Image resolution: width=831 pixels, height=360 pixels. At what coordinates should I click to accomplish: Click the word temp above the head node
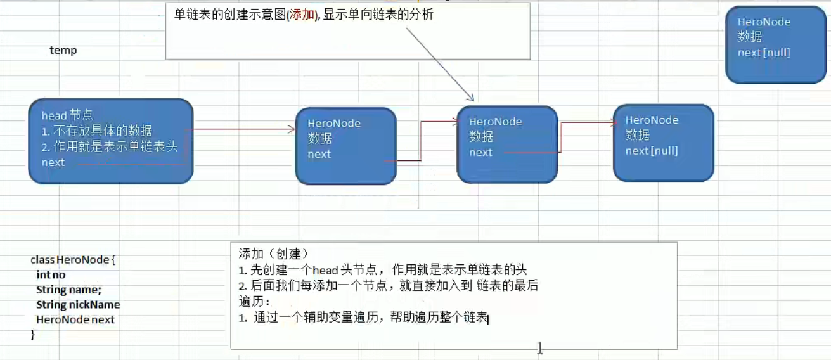63,50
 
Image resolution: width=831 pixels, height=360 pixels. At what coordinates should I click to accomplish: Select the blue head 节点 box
110,141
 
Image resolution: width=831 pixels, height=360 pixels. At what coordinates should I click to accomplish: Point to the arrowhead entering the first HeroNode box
292,129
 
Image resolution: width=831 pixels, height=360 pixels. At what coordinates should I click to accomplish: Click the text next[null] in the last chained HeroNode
652,151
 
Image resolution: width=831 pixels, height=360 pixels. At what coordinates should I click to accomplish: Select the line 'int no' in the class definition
51,275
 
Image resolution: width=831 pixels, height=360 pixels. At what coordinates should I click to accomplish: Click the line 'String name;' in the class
68,290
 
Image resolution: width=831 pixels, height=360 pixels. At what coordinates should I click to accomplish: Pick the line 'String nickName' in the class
78,305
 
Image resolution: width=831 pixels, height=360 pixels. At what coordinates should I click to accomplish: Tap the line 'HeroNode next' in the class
75,319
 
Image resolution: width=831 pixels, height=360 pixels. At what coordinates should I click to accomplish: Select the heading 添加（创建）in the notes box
273,254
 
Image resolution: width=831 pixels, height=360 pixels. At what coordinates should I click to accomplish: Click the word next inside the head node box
53,162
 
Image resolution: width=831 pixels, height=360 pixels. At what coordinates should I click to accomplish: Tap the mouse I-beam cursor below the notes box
539,347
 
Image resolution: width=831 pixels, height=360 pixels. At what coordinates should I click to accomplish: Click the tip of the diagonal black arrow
472,100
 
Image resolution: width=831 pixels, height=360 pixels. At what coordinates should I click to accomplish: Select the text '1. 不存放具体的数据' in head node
97,131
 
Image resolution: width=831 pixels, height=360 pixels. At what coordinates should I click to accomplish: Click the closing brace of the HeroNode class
33,335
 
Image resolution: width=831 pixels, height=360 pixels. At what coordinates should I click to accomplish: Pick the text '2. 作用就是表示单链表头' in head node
109,146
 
